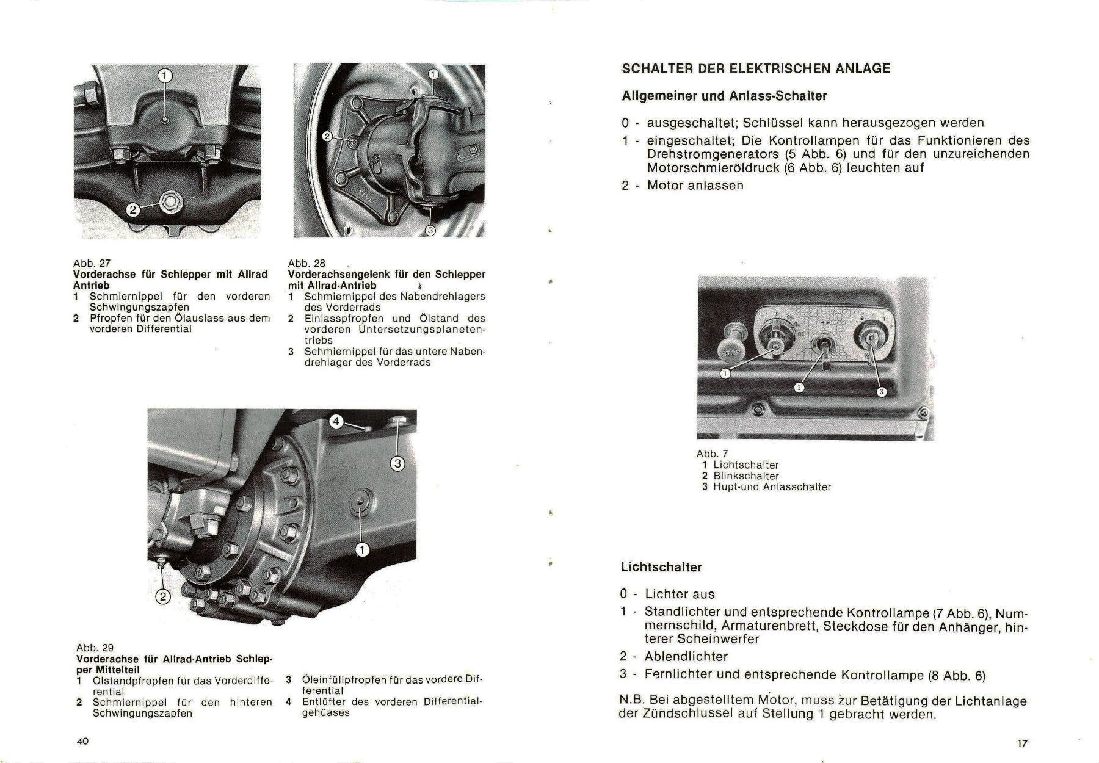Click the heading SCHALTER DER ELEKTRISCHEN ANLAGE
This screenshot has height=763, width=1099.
click(x=756, y=68)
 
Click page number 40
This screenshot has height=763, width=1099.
click(x=82, y=741)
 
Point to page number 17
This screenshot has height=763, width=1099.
click(x=1023, y=743)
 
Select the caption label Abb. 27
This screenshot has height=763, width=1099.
click(x=92, y=264)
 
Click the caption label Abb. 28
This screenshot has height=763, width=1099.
click(x=306, y=264)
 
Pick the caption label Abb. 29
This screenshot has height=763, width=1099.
click(x=95, y=648)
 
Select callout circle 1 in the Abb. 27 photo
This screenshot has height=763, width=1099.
click(x=165, y=76)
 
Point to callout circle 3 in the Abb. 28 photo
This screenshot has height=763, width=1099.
click(x=429, y=230)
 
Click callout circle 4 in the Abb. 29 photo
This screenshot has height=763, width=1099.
click(x=337, y=421)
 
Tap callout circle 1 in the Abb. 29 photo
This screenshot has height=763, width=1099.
click(x=362, y=551)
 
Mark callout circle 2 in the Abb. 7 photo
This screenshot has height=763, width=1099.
click(x=799, y=387)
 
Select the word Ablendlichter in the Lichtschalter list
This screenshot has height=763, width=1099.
click(x=686, y=657)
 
